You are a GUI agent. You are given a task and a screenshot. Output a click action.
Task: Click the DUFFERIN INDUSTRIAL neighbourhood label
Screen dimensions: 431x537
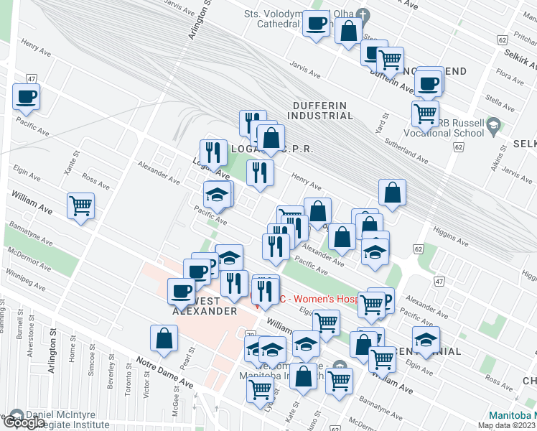(322, 110)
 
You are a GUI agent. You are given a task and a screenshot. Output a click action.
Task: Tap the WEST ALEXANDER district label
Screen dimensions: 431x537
(205, 306)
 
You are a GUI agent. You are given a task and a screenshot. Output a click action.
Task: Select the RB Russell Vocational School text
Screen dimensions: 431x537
(467, 128)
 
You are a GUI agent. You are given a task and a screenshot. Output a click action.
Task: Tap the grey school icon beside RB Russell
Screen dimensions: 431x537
(493, 127)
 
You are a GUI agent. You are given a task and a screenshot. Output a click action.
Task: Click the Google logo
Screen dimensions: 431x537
(24, 423)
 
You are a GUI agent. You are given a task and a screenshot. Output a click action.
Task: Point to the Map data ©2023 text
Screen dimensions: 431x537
(506, 425)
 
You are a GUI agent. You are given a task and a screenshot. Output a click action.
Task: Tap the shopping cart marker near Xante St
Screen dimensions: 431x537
(81, 206)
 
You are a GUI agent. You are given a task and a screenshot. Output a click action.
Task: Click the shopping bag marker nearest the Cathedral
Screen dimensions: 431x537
(348, 31)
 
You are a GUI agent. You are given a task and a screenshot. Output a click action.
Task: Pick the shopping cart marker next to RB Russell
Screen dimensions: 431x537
(425, 112)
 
